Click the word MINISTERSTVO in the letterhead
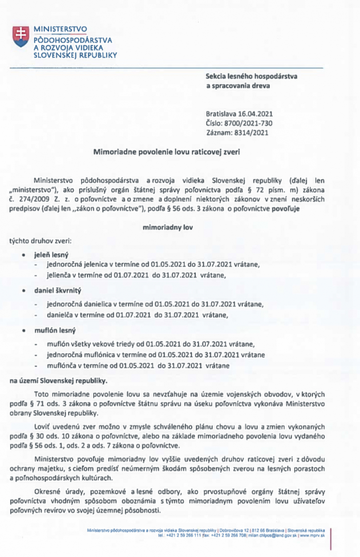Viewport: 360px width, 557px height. (x=61, y=29)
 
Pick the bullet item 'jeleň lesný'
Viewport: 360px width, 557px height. (x=51, y=255)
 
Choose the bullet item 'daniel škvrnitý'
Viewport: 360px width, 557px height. (x=58, y=290)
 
